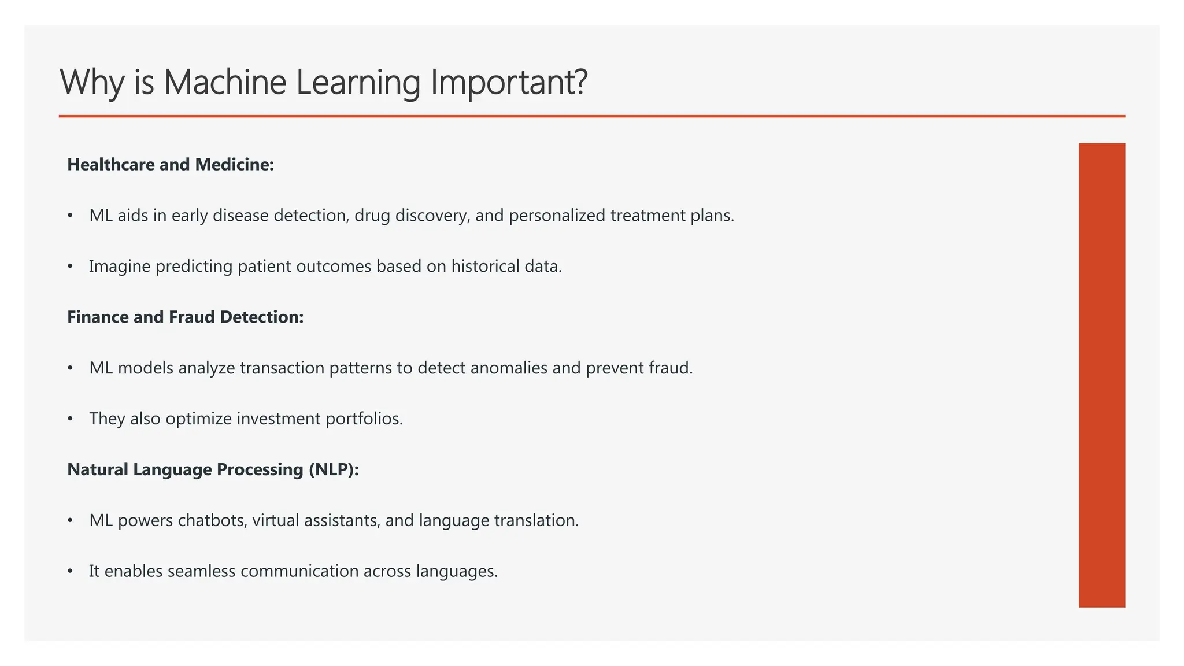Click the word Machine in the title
point(225,82)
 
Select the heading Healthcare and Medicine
point(171,165)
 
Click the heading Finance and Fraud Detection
point(185,317)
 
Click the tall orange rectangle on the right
point(1101,375)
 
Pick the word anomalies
point(509,368)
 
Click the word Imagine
point(120,267)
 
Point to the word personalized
point(557,216)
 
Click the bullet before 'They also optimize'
point(70,419)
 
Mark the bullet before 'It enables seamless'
point(70,571)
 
